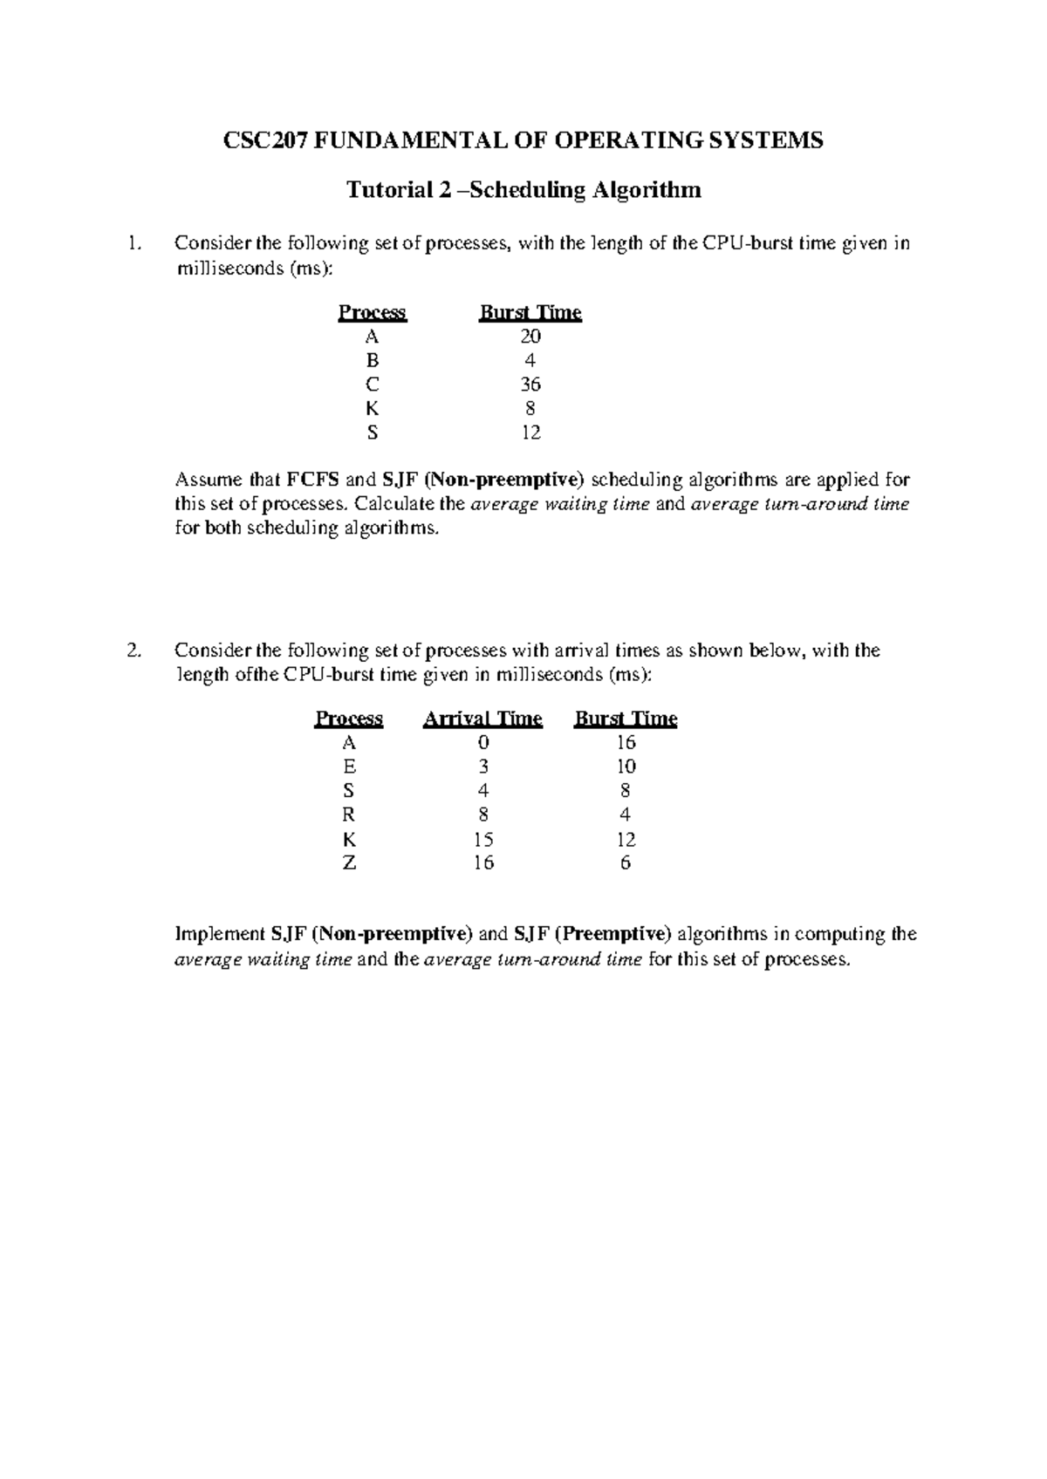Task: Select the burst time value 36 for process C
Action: coord(530,385)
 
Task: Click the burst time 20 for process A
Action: coord(530,337)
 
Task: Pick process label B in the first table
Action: coord(373,361)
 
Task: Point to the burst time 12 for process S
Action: coord(530,433)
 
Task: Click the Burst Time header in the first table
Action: coord(530,313)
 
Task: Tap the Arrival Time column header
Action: coord(482,719)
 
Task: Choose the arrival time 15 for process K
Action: coord(482,839)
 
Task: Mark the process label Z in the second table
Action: coord(349,863)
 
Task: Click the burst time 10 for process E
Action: coord(626,767)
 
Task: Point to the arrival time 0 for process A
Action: coord(482,743)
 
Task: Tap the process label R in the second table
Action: coord(349,814)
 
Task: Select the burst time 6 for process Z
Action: coord(626,863)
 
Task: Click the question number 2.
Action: coord(133,651)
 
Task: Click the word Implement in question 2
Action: coord(216,935)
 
